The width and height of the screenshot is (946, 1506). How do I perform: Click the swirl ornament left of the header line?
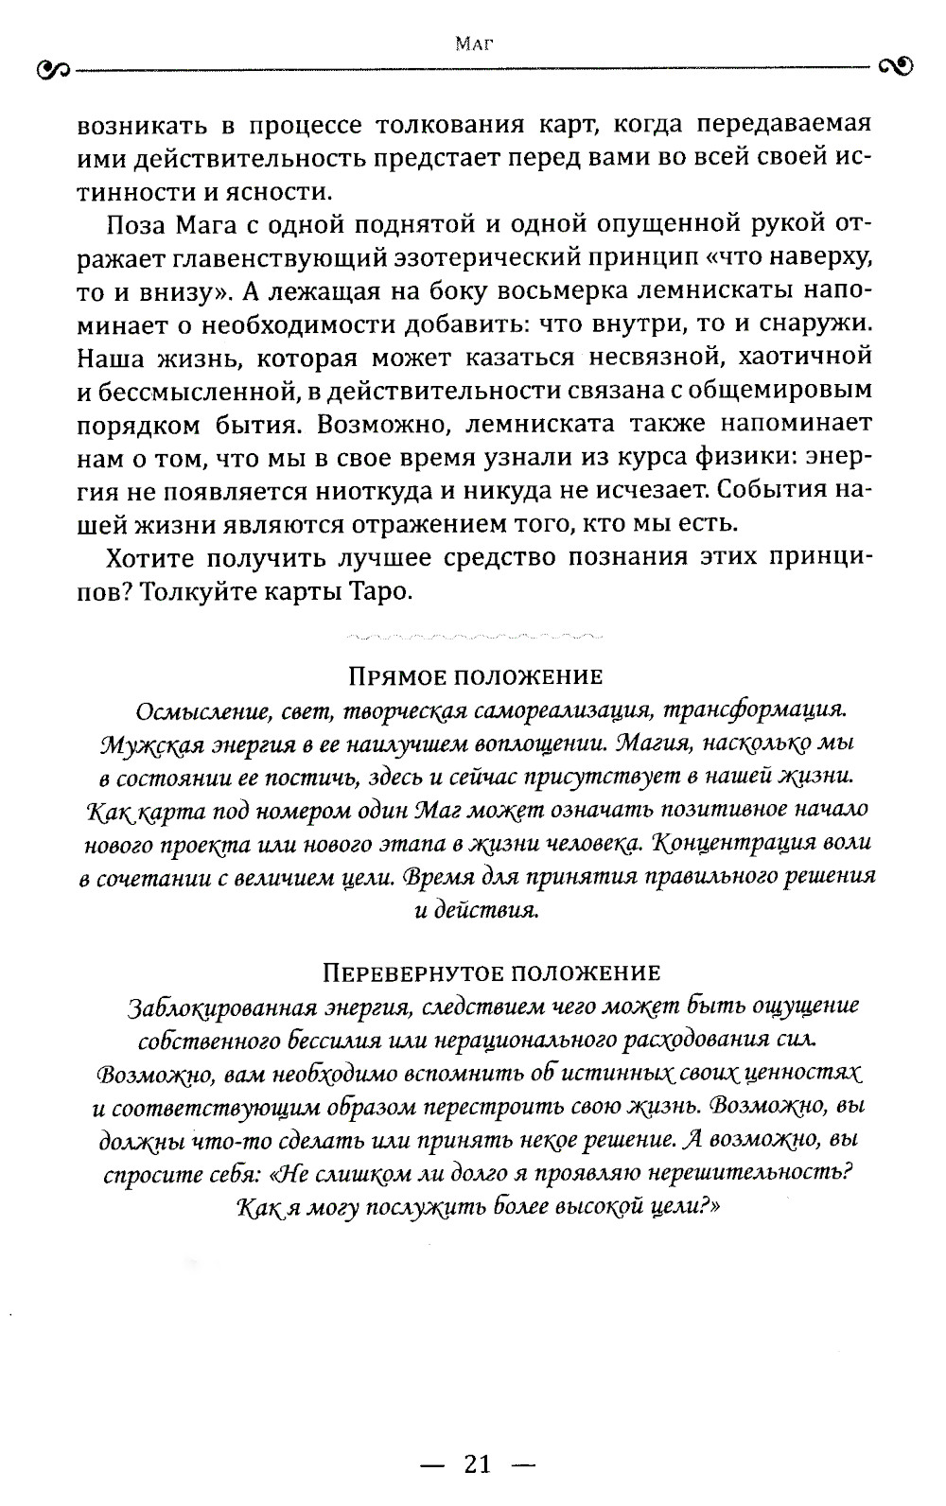pos(50,69)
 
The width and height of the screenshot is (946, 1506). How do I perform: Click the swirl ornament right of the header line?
pos(895,66)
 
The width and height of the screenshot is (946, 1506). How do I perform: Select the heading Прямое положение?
pos(476,676)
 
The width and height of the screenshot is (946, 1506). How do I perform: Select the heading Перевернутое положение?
pos(491,972)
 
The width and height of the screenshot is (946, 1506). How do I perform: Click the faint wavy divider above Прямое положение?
pos(471,633)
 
